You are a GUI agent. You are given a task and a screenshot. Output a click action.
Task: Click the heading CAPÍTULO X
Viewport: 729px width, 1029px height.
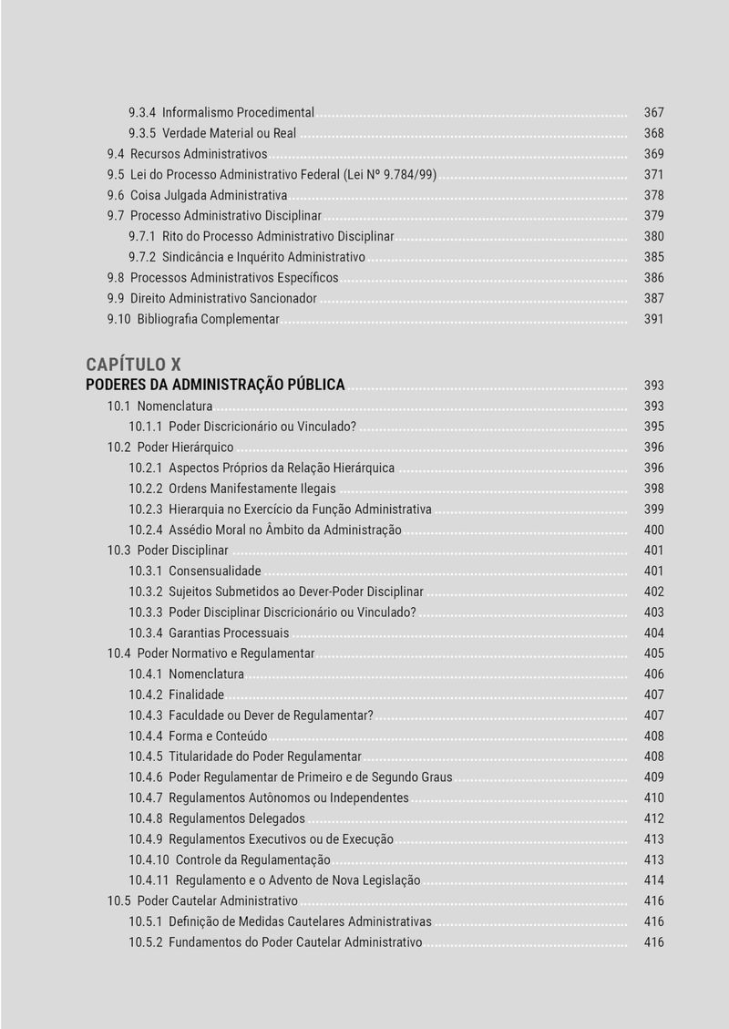[146, 365]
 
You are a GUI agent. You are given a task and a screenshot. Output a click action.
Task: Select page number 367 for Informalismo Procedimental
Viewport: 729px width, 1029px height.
[653, 113]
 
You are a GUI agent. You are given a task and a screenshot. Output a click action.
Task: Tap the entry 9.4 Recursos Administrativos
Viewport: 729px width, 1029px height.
[187, 154]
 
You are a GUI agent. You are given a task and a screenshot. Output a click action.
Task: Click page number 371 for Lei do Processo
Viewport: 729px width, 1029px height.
[653, 175]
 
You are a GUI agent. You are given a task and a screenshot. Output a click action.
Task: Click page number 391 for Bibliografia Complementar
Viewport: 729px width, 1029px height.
[653, 319]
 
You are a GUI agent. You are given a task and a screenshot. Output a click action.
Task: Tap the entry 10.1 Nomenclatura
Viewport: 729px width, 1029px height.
[160, 406]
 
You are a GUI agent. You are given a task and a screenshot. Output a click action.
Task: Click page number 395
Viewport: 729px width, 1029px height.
[653, 427]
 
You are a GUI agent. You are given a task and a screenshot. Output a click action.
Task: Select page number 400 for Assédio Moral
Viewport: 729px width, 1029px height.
[653, 530]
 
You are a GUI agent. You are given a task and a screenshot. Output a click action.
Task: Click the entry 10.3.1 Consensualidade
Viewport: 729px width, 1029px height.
[195, 571]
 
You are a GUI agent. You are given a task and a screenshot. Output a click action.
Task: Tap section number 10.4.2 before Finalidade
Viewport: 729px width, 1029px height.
[146, 695]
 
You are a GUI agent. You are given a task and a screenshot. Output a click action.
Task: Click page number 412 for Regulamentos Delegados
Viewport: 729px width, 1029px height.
[653, 818]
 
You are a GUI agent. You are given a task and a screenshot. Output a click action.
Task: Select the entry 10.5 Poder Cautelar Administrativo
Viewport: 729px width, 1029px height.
[202, 901]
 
